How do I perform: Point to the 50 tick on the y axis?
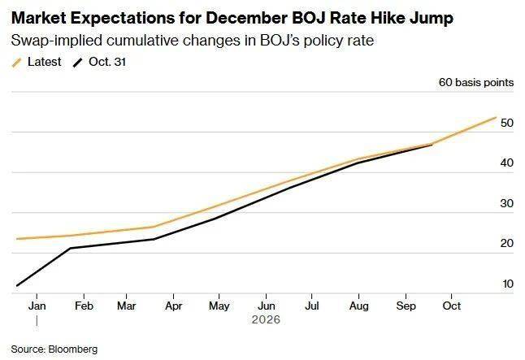[x=506, y=124]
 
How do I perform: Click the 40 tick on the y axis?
[x=506, y=163]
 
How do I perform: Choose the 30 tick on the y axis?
[x=506, y=204]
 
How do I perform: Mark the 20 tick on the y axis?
[x=506, y=244]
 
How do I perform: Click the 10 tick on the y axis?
[x=507, y=284]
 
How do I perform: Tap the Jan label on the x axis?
[x=37, y=306]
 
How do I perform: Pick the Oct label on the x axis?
[x=452, y=306]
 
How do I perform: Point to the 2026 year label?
[x=267, y=320]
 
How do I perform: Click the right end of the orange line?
[x=496, y=117]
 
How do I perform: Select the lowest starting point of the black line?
[x=16, y=286]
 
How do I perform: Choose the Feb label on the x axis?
[x=82, y=306]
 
